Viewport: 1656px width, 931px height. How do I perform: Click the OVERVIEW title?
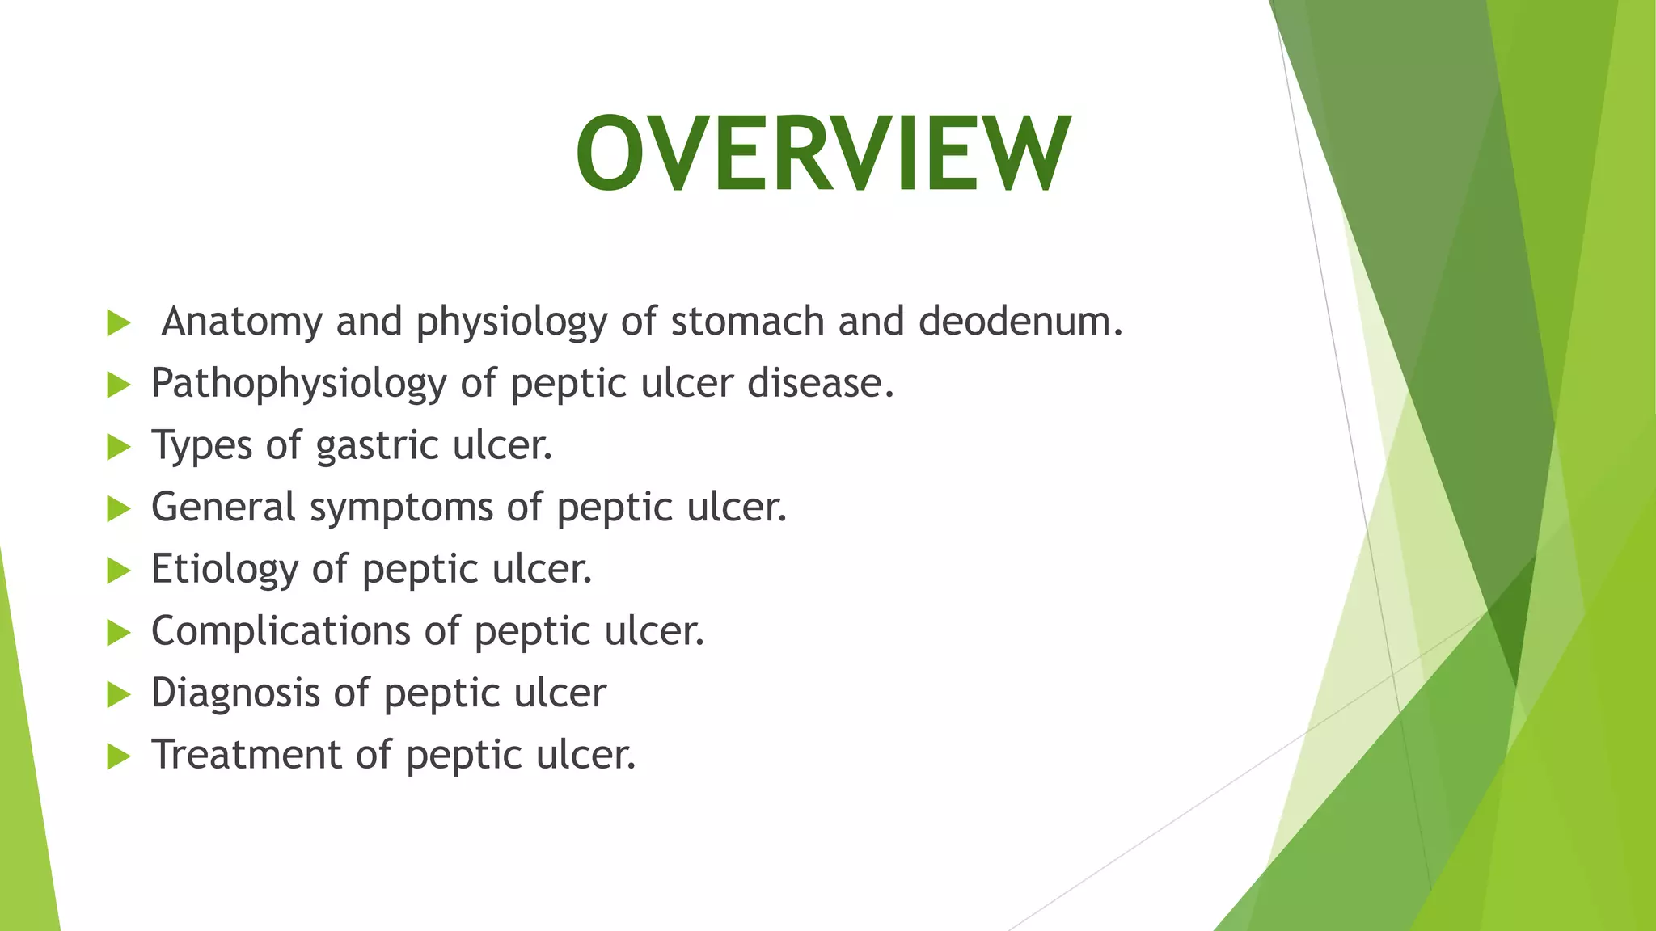(x=823, y=154)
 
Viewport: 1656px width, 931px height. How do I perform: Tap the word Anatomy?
(x=242, y=322)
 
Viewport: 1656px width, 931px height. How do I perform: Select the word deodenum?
(x=1020, y=322)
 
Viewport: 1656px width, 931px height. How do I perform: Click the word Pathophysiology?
(x=298, y=384)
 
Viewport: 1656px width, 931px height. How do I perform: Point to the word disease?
(x=820, y=384)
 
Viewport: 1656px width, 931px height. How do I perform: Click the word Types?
(x=202, y=446)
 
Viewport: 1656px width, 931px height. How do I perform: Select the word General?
(x=224, y=508)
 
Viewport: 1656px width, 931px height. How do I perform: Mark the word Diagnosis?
(x=235, y=693)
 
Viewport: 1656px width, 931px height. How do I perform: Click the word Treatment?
(x=247, y=755)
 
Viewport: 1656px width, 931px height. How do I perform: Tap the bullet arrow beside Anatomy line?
(x=118, y=323)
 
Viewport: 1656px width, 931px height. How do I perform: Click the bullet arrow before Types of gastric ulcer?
(x=118, y=447)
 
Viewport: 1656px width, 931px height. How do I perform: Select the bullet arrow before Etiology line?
(x=118, y=571)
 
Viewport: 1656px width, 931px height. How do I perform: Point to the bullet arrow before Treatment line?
(x=118, y=757)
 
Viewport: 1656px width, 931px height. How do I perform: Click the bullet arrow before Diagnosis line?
(x=118, y=695)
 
